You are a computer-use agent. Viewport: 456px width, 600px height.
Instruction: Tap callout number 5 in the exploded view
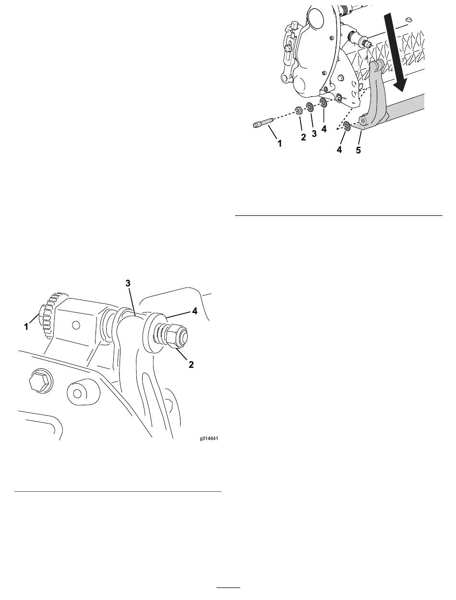(x=358, y=150)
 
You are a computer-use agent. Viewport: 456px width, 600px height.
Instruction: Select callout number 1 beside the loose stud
(x=279, y=143)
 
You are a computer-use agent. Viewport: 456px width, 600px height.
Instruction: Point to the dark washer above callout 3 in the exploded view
(x=310, y=107)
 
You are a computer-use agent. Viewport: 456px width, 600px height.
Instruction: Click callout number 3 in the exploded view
(x=314, y=133)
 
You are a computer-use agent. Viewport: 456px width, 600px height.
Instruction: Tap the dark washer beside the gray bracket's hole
(x=348, y=126)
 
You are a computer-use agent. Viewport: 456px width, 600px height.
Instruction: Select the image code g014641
(x=209, y=439)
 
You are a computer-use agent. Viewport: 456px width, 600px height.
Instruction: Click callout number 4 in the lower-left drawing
(x=195, y=311)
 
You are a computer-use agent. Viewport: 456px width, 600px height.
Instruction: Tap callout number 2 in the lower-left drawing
(x=191, y=364)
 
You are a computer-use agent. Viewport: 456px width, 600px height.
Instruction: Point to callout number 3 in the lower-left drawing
(x=128, y=283)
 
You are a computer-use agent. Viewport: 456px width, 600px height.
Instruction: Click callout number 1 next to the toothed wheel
(x=26, y=326)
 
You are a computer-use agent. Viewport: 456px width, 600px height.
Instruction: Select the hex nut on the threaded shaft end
(x=176, y=338)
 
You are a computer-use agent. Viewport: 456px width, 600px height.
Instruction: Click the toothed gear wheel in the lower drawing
(x=53, y=315)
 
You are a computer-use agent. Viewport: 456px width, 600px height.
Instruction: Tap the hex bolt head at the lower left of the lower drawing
(x=40, y=380)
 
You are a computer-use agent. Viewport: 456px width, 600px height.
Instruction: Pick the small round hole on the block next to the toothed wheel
(x=76, y=325)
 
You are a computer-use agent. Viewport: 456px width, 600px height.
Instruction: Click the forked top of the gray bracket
(x=376, y=65)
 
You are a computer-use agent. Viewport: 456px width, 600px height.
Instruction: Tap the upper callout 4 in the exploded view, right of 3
(x=324, y=129)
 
